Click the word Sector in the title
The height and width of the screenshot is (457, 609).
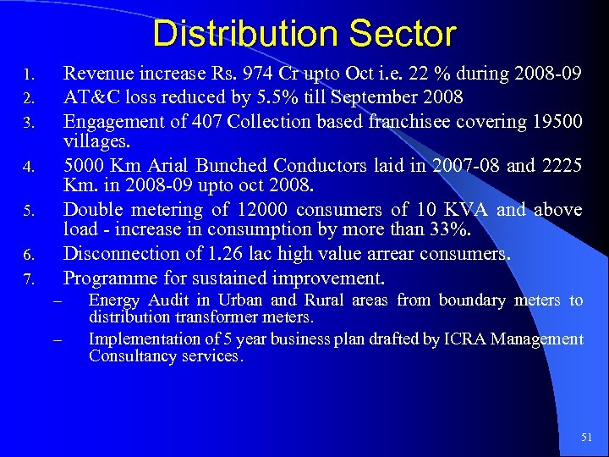point(403,35)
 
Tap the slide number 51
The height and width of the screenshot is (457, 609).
point(587,437)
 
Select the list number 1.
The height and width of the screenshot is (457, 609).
point(28,74)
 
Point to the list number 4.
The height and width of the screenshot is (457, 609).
point(28,167)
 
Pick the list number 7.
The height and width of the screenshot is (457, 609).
point(28,278)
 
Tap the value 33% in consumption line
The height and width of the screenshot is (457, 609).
point(447,228)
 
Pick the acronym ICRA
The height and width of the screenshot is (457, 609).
point(474,339)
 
